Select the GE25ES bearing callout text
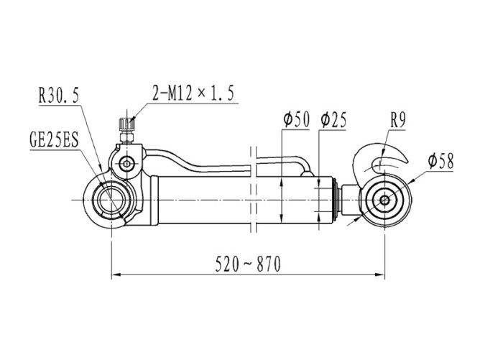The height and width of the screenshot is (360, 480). [x=54, y=139]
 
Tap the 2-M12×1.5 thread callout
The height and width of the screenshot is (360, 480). [x=193, y=93]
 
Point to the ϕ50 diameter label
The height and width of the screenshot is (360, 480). [x=296, y=119]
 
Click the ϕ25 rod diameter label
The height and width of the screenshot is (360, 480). [x=333, y=119]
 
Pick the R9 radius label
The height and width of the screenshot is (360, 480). [x=398, y=120]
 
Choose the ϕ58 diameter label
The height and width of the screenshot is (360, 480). [x=440, y=161]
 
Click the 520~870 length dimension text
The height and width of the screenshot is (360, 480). [x=248, y=264]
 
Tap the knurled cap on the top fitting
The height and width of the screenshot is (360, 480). [x=126, y=124]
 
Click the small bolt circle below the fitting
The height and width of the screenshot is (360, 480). [x=126, y=164]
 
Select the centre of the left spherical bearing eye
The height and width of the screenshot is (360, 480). [x=111, y=200]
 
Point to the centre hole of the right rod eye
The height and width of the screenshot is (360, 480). [x=384, y=200]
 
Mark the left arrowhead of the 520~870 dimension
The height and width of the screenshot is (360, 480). [x=116, y=275]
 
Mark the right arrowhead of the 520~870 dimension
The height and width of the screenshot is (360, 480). [x=380, y=275]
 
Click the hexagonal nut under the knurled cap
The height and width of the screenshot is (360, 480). [x=126, y=137]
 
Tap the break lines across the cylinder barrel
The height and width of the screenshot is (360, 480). [x=253, y=190]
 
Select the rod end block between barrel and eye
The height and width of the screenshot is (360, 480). [x=350, y=200]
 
